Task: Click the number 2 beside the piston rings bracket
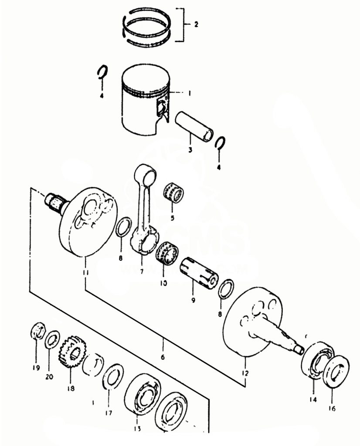click(196, 24)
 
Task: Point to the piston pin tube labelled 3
click(194, 126)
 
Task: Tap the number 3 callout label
click(190, 150)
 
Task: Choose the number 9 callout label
click(192, 300)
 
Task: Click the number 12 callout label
click(245, 373)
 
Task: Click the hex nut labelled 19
click(38, 333)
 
